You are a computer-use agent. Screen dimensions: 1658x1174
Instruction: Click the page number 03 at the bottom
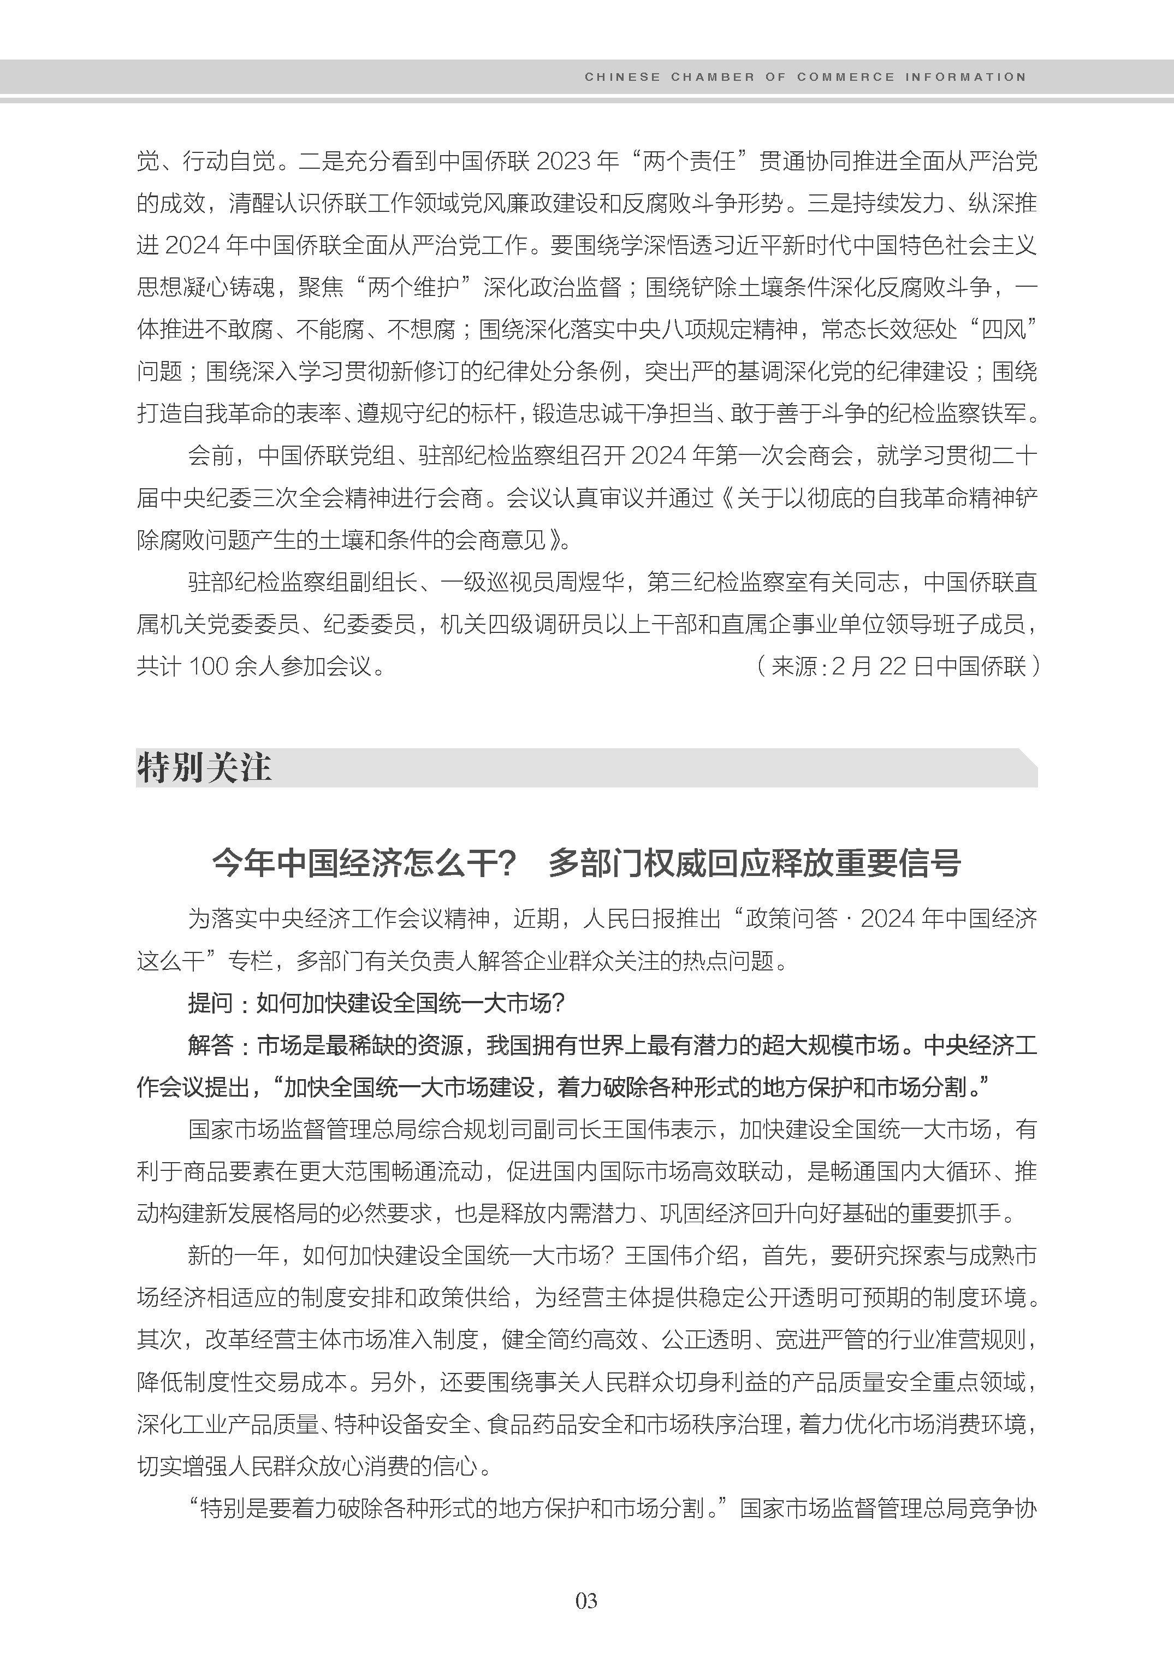coord(586,1600)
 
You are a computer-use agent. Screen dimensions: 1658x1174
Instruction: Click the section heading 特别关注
coord(204,767)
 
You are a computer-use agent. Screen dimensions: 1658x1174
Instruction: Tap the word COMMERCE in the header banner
coord(845,76)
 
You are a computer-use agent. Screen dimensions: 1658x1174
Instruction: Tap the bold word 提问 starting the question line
coord(210,1003)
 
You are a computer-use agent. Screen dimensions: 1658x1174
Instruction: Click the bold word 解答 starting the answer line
coord(210,1045)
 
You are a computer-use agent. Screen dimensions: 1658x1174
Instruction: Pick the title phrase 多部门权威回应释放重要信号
coord(754,863)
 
